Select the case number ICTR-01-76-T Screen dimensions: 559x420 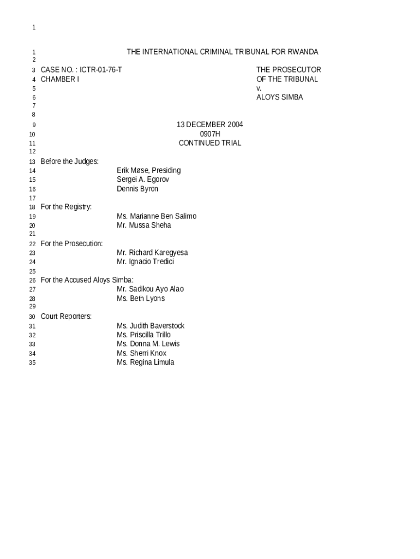[x=101, y=70]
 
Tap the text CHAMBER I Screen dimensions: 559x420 [x=60, y=79]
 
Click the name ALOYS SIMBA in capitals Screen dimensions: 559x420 [x=279, y=97]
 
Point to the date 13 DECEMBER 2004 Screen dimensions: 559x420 [x=209, y=124]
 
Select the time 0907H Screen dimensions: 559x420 [x=209, y=134]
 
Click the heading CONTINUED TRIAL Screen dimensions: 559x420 [x=209, y=143]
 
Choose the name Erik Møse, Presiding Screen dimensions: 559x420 [x=148, y=170]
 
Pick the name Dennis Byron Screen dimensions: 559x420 [x=137, y=189]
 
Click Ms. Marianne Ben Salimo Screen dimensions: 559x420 [x=157, y=216]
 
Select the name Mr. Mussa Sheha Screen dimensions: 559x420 [x=143, y=225]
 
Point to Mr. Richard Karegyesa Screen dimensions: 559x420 [x=152, y=253]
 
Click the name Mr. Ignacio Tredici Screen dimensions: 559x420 [x=146, y=262]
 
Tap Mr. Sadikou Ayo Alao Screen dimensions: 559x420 [x=150, y=289]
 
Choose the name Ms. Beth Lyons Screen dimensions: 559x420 [x=141, y=299]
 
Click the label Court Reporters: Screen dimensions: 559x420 [x=66, y=317]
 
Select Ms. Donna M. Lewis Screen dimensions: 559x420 [x=148, y=344]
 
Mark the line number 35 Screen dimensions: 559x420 [x=32, y=362]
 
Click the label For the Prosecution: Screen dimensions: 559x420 [x=71, y=243]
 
